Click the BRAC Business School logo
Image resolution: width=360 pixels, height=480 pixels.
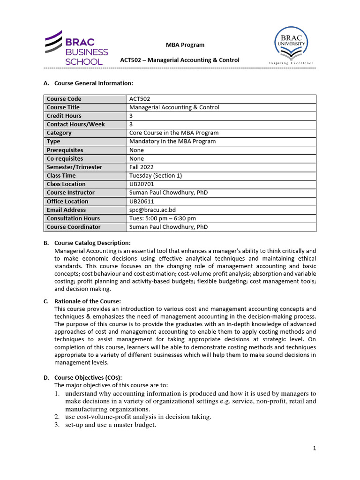(x=76, y=48)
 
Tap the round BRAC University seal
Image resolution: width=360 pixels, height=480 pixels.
(x=291, y=44)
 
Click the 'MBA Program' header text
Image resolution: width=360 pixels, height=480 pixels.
(x=185, y=45)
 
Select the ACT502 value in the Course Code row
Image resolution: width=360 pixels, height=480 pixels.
(x=140, y=99)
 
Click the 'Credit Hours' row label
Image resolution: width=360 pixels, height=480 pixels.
(x=64, y=116)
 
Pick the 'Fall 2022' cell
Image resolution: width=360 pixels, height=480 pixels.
(x=142, y=167)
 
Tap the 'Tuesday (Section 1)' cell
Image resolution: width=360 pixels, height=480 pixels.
(x=156, y=176)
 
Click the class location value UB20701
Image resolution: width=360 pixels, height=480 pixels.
(x=141, y=184)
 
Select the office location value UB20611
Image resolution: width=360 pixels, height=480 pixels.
(x=141, y=202)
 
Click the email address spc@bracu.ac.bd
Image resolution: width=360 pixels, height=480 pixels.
(x=152, y=210)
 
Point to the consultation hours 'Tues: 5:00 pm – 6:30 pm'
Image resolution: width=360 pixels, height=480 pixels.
(x=163, y=218)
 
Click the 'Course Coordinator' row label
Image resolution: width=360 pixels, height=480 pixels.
(x=74, y=227)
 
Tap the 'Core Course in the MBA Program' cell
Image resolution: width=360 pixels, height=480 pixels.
(x=174, y=133)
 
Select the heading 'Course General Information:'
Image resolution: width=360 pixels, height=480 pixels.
(x=94, y=83)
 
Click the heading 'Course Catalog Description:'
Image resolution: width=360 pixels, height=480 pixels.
(x=92, y=243)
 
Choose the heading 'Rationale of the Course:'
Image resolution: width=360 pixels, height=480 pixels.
(x=88, y=301)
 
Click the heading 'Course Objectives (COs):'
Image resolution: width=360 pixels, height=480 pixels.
(x=88, y=377)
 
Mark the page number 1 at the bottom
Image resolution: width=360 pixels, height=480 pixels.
(x=315, y=449)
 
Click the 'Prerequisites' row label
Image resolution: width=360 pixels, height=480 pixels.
(x=65, y=150)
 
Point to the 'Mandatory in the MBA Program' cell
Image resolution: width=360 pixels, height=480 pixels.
(x=172, y=142)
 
